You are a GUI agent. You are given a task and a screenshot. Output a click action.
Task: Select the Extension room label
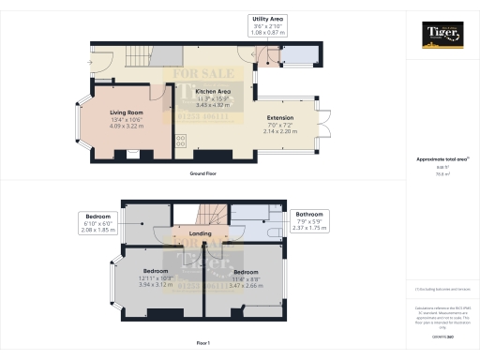280,118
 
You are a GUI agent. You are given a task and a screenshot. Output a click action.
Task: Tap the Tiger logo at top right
442,35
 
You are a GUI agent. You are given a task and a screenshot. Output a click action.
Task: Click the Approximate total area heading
441,159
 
